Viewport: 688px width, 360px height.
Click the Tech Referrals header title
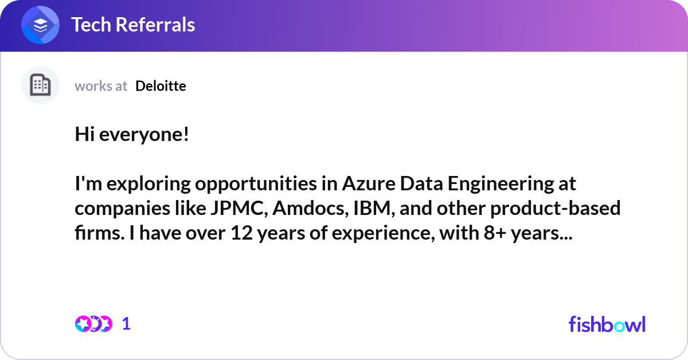(132, 25)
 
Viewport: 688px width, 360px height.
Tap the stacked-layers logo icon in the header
(40, 25)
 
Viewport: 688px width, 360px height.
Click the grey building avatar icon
(40, 85)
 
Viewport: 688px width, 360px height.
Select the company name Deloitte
(161, 86)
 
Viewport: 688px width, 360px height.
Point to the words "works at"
(101, 86)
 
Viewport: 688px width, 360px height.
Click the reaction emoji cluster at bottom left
(93, 324)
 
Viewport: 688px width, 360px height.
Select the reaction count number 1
(126, 324)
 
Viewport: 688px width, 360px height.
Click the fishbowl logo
(607, 324)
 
